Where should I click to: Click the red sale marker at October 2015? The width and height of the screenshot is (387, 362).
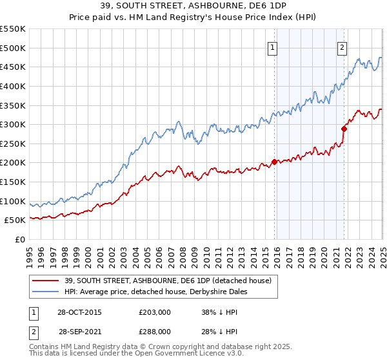(x=274, y=162)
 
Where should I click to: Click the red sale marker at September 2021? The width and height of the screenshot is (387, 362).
(x=344, y=129)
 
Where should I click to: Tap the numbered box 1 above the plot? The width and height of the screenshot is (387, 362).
(x=273, y=47)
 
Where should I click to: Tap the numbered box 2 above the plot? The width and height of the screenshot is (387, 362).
(x=341, y=47)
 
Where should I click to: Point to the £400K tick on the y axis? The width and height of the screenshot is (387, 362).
(x=14, y=85)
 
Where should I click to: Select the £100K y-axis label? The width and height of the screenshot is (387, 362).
(x=14, y=201)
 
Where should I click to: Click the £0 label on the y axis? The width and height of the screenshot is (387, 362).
(x=20, y=240)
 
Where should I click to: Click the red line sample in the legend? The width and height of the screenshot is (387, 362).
(x=46, y=281)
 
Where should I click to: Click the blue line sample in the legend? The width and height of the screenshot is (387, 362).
(x=46, y=292)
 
